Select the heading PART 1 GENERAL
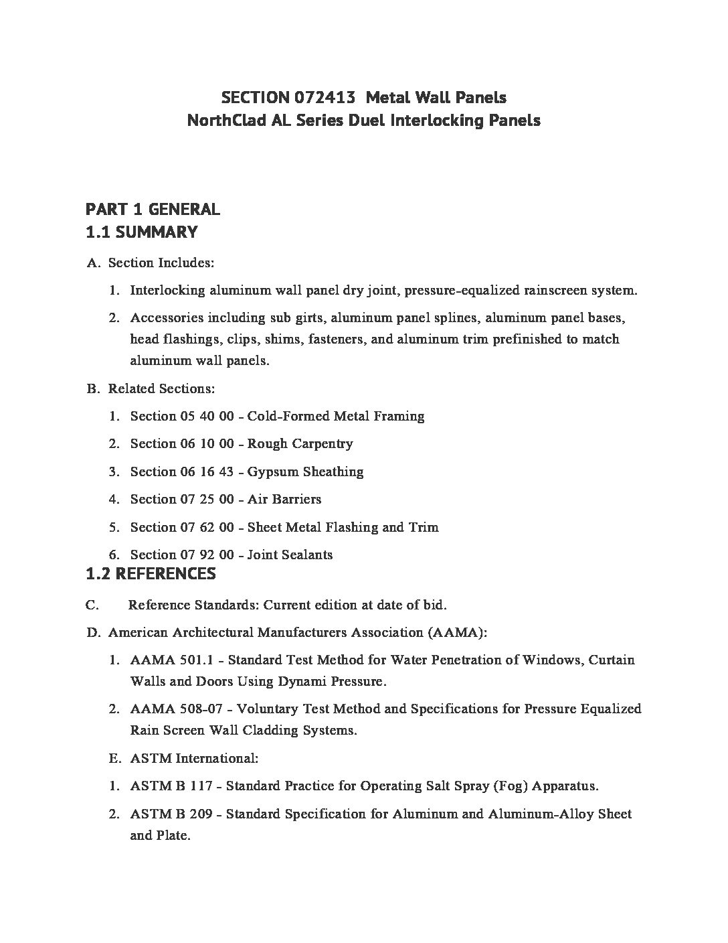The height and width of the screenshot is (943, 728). (153, 209)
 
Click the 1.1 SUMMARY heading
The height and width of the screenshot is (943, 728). (142, 232)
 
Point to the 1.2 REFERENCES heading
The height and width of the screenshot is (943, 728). (151, 573)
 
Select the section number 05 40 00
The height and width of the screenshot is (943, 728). (207, 417)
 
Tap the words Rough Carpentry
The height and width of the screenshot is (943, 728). (300, 444)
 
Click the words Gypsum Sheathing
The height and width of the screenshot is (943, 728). (305, 472)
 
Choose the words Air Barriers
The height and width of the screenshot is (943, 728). (284, 500)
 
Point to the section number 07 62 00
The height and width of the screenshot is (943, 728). (207, 528)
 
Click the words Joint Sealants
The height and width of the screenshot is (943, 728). (290, 555)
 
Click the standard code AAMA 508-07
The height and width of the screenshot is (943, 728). (175, 709)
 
